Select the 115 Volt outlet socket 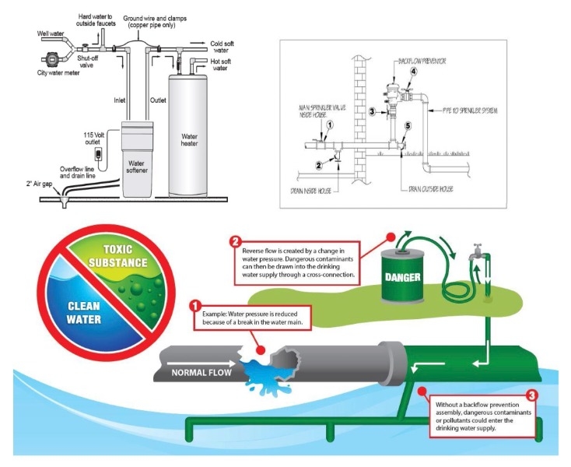tap(99, 152)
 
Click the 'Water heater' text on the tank tap(194, 140)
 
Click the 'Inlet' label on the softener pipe tap(120, 99)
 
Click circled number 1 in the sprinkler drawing tap(330, 125)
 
